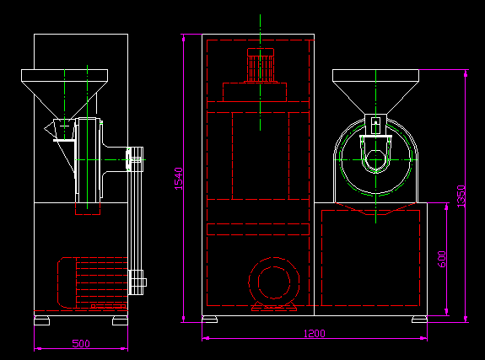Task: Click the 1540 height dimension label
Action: point(179,179)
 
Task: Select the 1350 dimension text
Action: point(461,196)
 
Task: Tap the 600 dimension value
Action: point(442,259)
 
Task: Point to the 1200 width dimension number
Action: point(315,333)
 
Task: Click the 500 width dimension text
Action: point(81,343)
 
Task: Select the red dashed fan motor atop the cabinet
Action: point(261,65)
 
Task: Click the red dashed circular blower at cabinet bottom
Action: point(274,282)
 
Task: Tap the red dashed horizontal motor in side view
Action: point(93,282)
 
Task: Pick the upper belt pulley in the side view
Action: point(135,159)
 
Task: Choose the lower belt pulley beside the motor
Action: point(137,282)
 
